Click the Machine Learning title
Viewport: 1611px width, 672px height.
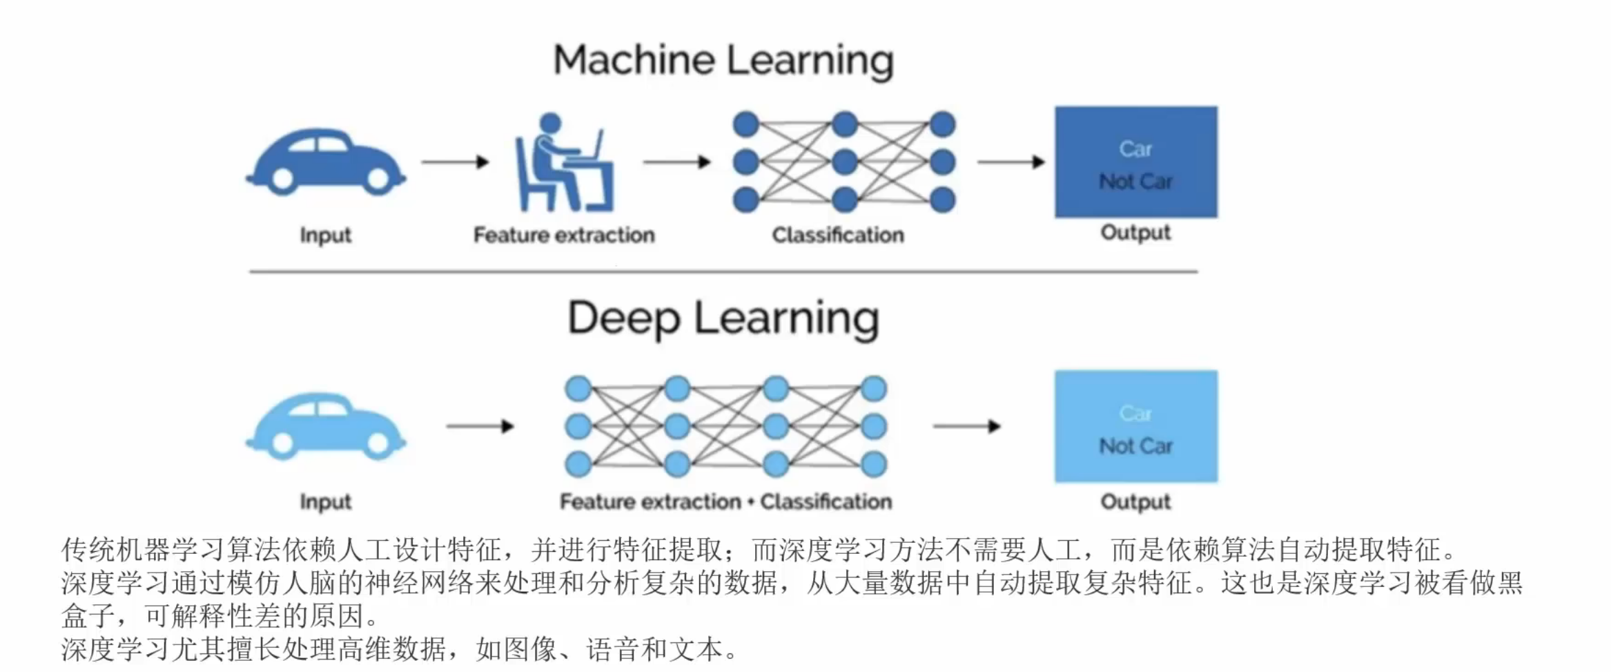(x=723, y=61)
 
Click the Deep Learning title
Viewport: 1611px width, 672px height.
(x=723, y=319)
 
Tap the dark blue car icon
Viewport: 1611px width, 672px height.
(x=326, y=161)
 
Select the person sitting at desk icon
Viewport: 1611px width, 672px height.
(x=563, y=162)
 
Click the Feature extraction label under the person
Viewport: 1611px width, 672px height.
(x=564, y=235)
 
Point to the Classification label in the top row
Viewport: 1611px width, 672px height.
(x=838, y=235)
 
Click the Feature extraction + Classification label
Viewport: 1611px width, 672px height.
(x=725, y=501)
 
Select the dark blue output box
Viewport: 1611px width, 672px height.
(x=1136, y=162)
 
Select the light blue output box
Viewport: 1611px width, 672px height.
(x=1136, y=426)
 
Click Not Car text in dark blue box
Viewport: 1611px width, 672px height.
(x=1136, y=182)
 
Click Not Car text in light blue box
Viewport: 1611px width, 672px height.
(x=1136, y=446)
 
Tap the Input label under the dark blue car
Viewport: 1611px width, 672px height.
(x=326, y=236)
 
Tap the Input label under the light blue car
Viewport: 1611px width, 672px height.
(x=326, y=502)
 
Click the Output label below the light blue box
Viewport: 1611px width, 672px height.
(x=1136, y=502)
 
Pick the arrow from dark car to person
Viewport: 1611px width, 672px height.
(x=456, y=162)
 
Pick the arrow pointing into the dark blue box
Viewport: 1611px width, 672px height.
(x=1011, y=162)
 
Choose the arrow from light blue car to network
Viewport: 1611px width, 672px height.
(x=480, y=426)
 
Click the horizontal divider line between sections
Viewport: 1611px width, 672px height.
(x=723, y=271)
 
